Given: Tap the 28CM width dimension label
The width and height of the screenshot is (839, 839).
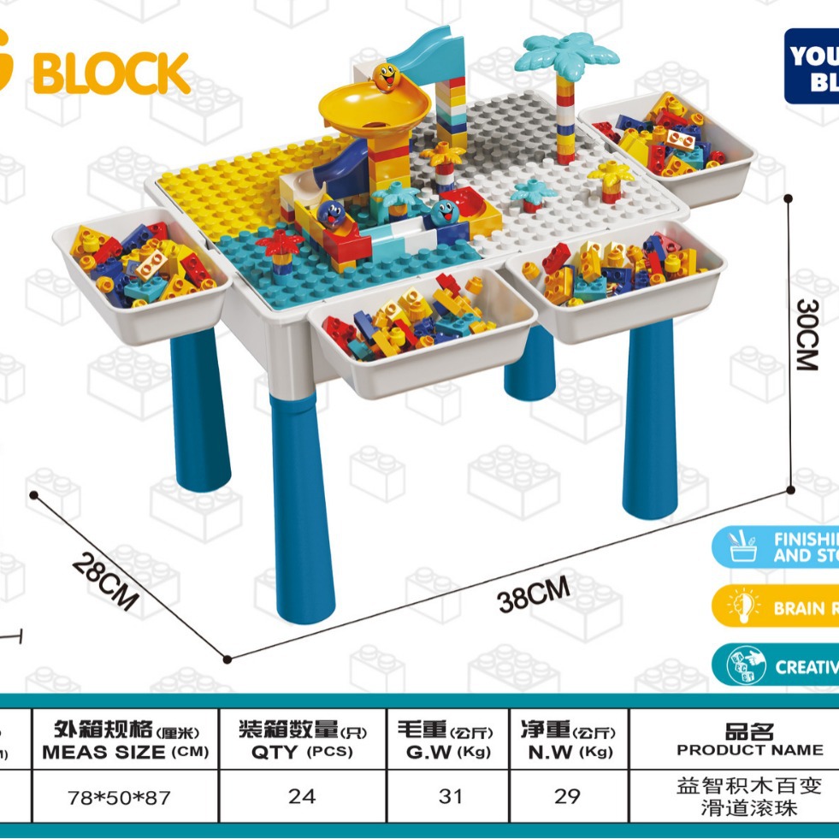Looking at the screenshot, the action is tap(104, 581).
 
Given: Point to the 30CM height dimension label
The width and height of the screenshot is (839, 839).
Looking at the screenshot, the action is tap(808, 334).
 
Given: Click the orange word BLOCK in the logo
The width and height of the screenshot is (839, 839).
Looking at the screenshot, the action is tap(111, 74).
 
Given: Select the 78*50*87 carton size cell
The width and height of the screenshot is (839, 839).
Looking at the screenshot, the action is tap(119, 797).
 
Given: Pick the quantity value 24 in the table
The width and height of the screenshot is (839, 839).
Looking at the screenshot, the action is tap(302, 796).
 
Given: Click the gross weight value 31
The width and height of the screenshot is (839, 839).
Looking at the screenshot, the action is tap(450, 796).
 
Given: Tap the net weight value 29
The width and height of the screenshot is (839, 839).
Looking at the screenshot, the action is tap(567, 796).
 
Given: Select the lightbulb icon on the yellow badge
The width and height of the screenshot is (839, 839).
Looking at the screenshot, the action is tap(742, 607).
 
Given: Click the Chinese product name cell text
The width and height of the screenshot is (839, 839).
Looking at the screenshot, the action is tap(749, 795).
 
